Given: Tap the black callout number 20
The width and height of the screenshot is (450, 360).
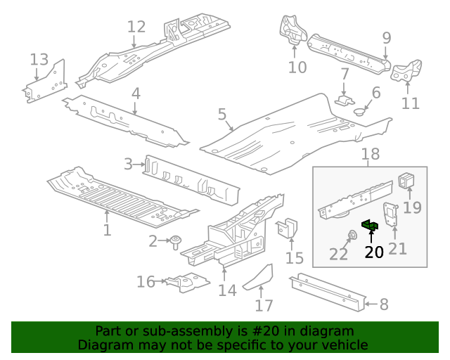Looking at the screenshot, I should point(374,251).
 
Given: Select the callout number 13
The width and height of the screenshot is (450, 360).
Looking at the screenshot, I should point(39,59).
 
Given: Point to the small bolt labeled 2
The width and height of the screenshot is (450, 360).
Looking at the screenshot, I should point(174,241).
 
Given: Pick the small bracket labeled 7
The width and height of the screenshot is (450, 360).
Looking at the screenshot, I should point(345,99).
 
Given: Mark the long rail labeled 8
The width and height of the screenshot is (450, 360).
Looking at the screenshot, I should point(330,292).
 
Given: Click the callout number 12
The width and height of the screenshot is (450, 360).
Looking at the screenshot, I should point(136,27).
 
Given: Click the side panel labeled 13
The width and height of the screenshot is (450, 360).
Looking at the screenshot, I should point(46,83).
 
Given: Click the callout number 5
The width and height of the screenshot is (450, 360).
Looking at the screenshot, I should point(221,114).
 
